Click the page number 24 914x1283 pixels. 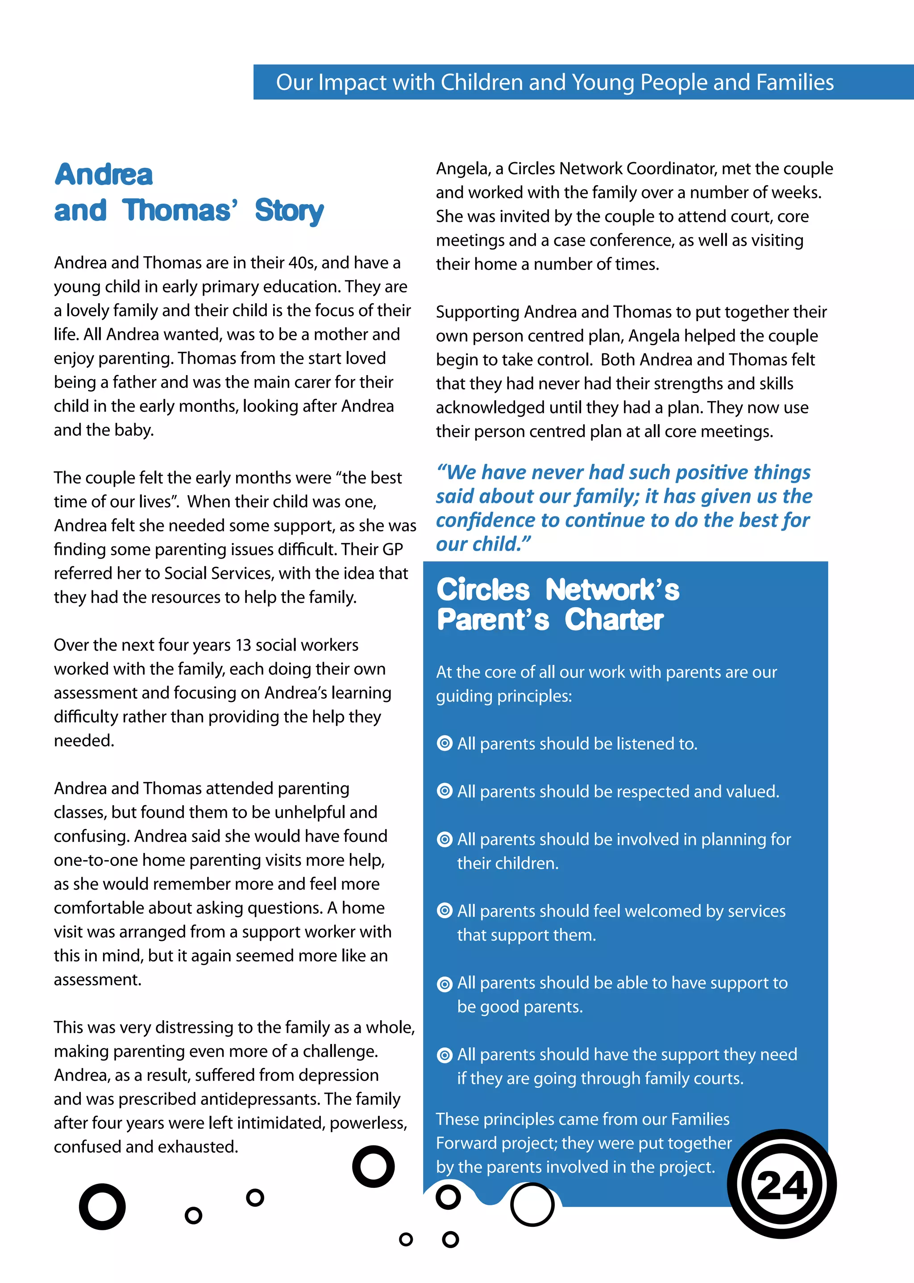782,1186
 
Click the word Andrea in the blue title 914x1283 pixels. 104,175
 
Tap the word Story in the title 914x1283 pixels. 289,211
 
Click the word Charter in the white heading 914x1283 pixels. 614,619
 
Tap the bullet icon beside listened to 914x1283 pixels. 445,744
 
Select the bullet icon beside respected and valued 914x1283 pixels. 445,791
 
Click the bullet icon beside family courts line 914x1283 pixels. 445,1055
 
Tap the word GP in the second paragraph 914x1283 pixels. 393,549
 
